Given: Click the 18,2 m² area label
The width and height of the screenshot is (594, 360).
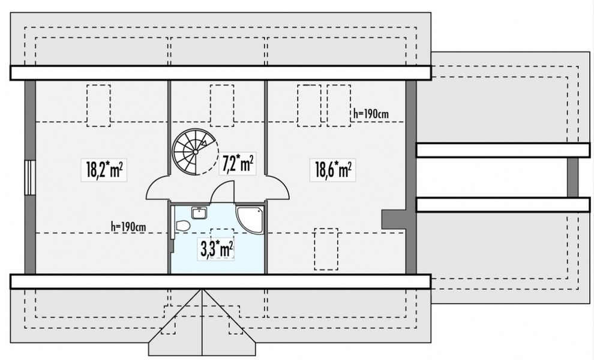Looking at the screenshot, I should (104, 170).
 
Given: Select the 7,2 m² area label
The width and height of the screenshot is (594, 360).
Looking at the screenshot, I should (238, 164).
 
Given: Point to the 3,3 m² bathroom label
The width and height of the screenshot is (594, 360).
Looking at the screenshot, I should (216, 247).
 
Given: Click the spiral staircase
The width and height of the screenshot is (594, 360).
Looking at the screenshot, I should (194, 151).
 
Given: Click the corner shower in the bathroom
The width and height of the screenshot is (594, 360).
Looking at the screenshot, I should (250, 220).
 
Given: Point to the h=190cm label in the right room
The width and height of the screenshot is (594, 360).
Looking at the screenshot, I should (373, 112).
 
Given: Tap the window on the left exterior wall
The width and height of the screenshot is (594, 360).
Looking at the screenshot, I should (29, 177).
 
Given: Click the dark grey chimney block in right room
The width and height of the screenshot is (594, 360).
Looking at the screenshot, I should (395, 219).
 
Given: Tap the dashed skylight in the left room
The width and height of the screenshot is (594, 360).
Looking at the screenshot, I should (98, 106).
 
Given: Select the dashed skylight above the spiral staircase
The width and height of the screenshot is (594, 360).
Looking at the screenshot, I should (221, 106).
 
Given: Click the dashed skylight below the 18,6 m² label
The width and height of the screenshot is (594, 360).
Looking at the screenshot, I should (326, 248).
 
